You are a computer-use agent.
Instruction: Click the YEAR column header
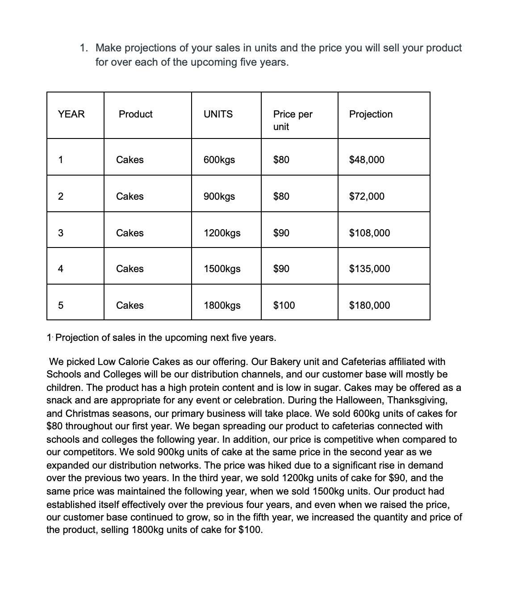tap(71, 114)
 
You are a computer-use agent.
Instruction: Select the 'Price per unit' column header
tap(293, 120)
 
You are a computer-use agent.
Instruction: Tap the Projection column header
tap(371, 114)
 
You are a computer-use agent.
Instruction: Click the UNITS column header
tap(218, 114)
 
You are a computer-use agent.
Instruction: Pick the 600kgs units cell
tap(219, 160)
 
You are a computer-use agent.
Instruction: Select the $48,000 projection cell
tap(366, 160)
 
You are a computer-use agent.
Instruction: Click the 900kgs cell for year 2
tap(219, 197)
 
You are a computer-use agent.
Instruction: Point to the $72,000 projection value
tap(366, 197)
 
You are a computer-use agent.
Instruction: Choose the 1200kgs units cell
tap(222, 233)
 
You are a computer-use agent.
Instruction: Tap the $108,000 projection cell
tap(369, 233)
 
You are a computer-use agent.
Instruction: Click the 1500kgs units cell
tap(222, 269)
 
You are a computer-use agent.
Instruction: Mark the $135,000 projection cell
tap(369, 269)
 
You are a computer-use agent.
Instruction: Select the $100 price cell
tap(284, 306)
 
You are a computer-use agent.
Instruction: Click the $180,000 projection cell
tap(369, 306)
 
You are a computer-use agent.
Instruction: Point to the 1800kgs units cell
tap(222, 306)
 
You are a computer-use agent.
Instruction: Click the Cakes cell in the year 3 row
tap(130, 233)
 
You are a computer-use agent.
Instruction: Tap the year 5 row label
tap(61, 306)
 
